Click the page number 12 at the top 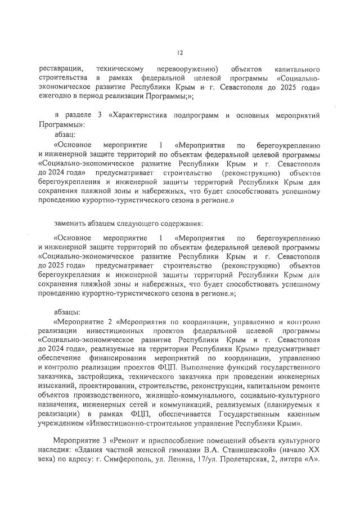(x=179, y=53)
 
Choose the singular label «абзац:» (x=69, y=135)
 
